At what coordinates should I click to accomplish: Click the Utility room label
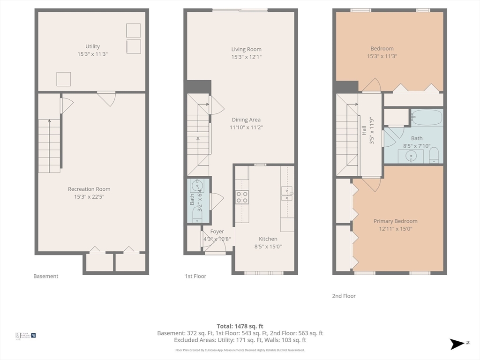point(92,46)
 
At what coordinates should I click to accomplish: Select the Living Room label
point(246,49)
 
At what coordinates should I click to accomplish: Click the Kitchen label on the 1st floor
point(268,239)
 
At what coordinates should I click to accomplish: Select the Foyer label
point(217,232)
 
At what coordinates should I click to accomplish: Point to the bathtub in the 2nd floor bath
point(427,117)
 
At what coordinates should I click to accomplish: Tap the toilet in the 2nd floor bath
point(434,155)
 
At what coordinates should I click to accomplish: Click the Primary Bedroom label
point(395,221)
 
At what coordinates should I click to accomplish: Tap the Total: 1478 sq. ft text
point(240,326)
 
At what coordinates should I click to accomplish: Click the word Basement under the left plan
point(46,276)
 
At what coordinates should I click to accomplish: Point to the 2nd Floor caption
point(344,296)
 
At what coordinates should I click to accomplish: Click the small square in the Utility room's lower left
point(63,79)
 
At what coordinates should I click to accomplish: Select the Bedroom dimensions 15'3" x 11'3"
point(382,56)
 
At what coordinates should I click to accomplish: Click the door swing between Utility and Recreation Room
point(107,98)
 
